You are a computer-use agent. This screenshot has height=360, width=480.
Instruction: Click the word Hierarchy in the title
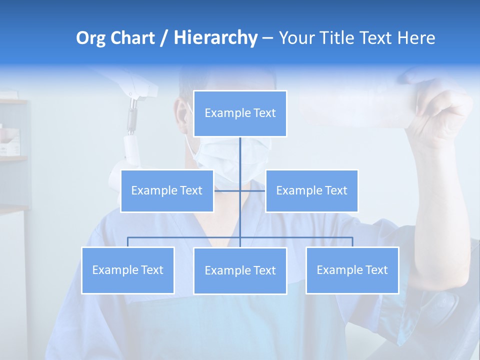tap(215, 38)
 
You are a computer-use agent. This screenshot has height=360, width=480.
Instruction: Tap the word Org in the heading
tap(91, 38)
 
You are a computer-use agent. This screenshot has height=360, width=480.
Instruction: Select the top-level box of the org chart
tap(240, 113)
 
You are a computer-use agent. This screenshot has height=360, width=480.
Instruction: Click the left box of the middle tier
tap(167, 190)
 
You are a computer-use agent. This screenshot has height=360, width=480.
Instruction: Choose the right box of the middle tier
tap(311, 190)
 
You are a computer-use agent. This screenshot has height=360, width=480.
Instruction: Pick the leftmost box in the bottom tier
tap(128, 270)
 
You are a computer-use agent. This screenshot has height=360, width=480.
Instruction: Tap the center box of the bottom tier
tap(240, 270)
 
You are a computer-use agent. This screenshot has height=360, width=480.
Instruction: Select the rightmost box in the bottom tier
tap(352, 270)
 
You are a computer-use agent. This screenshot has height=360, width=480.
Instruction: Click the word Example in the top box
tap(223, 113)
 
